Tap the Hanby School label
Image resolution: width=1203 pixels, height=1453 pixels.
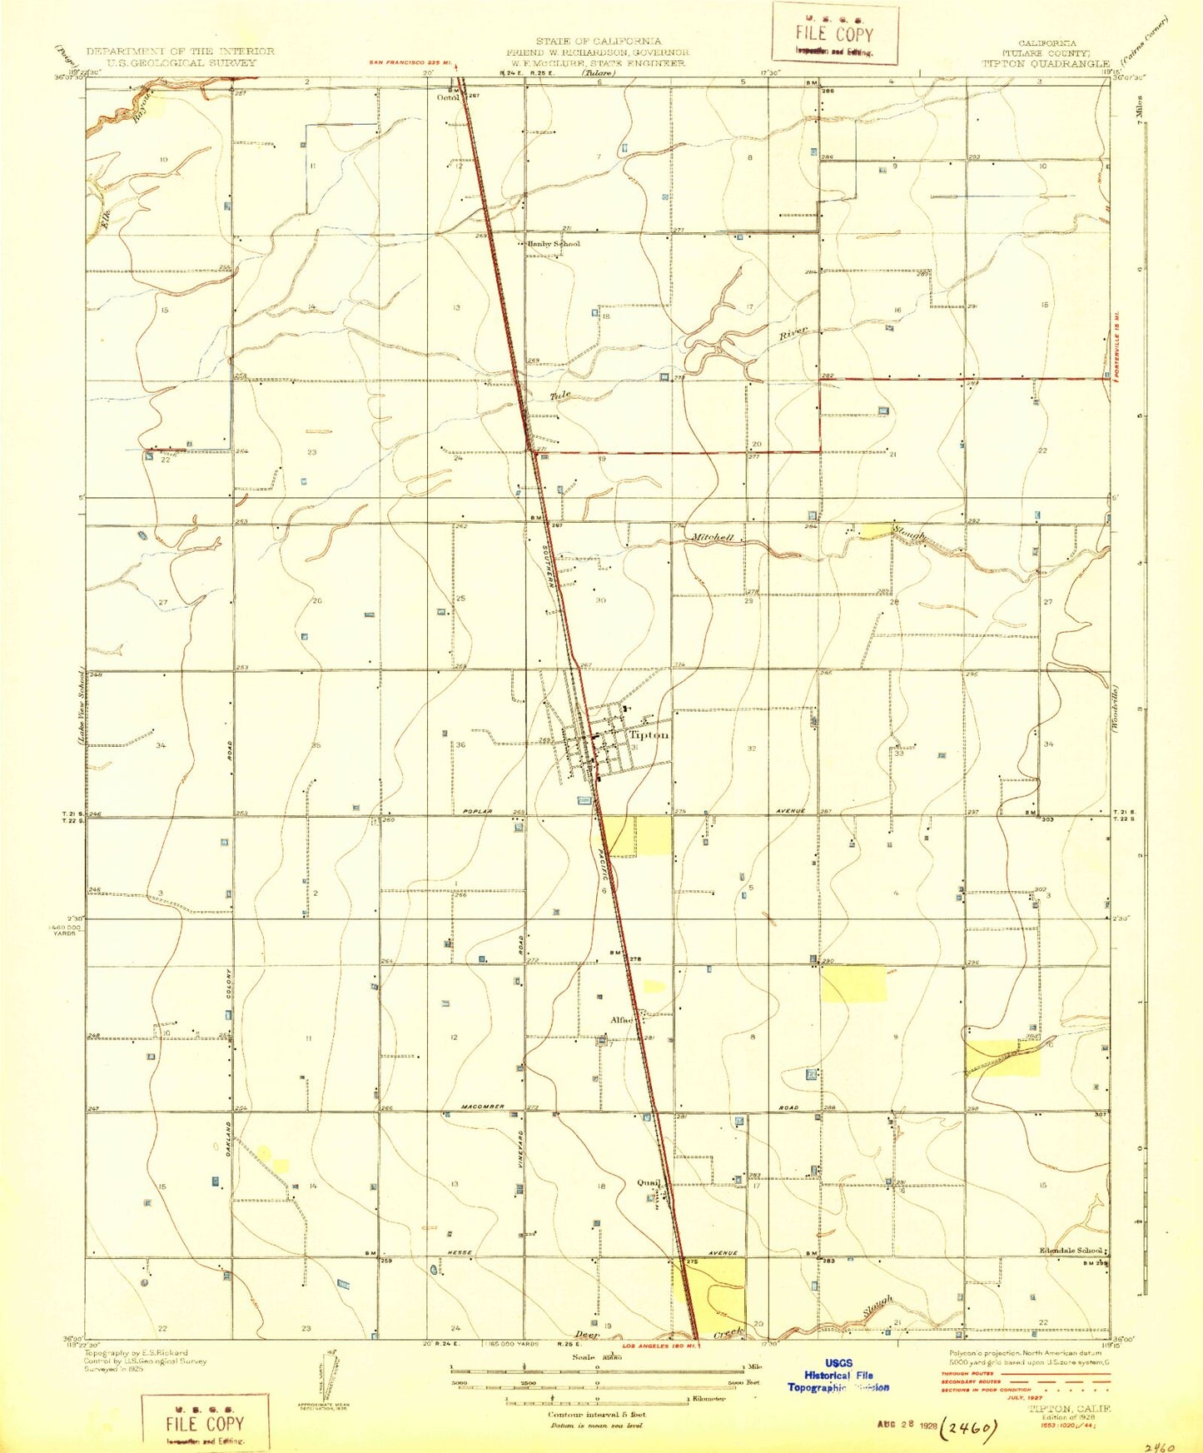coord(554,244)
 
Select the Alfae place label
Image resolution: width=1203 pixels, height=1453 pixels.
coord(622,1019)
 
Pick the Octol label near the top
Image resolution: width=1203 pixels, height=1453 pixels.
coord(449,97)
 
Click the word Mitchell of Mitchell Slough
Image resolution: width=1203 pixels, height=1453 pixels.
coord(713,538)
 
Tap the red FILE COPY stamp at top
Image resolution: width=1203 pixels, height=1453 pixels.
coord(834,34)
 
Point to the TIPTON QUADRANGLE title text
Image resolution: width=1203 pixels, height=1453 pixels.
coord(1046,63)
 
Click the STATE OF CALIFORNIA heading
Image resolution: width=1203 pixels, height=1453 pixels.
coord(599,41)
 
